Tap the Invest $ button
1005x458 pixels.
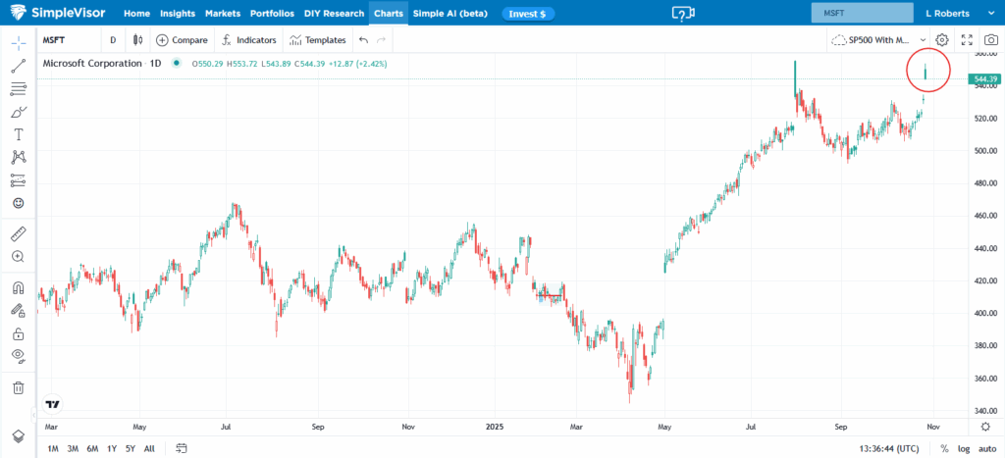coord(529,15)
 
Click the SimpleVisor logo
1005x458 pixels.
coord(58,15)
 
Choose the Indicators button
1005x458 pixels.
coord(249,40)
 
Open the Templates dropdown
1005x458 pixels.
coord(319,40)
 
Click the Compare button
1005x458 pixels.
coord(182,40)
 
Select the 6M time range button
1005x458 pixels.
coord(92,448)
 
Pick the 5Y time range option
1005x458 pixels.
coord(130,448)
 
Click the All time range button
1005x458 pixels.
coord(149,448)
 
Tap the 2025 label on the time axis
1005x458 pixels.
coord(494,428)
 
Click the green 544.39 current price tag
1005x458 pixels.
coord(985,79)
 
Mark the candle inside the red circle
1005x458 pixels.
coord(926,72)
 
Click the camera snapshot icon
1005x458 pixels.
coord(991,40)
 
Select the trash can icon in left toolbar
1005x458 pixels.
coord(18,387)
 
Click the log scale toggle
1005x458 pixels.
coord(965,448)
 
